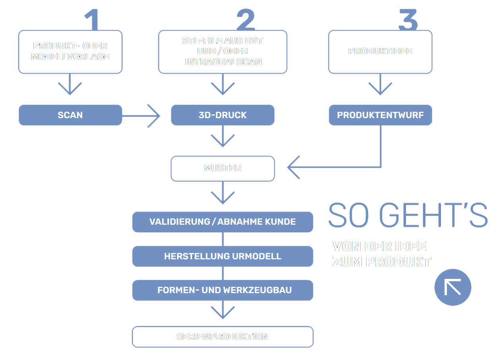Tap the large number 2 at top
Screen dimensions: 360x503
(x=246, y=20)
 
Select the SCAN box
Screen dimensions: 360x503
(x=70, y=115)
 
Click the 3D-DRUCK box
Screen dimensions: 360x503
(x=223, y=115)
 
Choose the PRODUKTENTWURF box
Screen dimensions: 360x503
(x=380, y=115)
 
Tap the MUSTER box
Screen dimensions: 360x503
(x=223, y=168)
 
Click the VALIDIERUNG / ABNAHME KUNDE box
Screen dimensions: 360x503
(x=223, y=222)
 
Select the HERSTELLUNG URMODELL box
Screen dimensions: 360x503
(x=223, y=256)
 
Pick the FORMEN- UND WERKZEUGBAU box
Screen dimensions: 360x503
(x=223, y=290)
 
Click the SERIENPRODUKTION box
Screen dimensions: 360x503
(x=223, y=337)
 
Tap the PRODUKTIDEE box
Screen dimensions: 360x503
(x=380, y=51)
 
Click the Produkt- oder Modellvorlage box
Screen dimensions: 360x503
(x=70, y=51)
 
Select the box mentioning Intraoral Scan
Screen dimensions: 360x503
(x=223, y=51)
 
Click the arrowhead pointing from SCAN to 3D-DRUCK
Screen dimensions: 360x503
(x=155, y=116)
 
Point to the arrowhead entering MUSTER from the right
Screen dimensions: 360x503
(x=292, y=167)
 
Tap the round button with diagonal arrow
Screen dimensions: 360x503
(x=453, y=287)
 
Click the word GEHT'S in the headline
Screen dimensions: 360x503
(x=433, y=215)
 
